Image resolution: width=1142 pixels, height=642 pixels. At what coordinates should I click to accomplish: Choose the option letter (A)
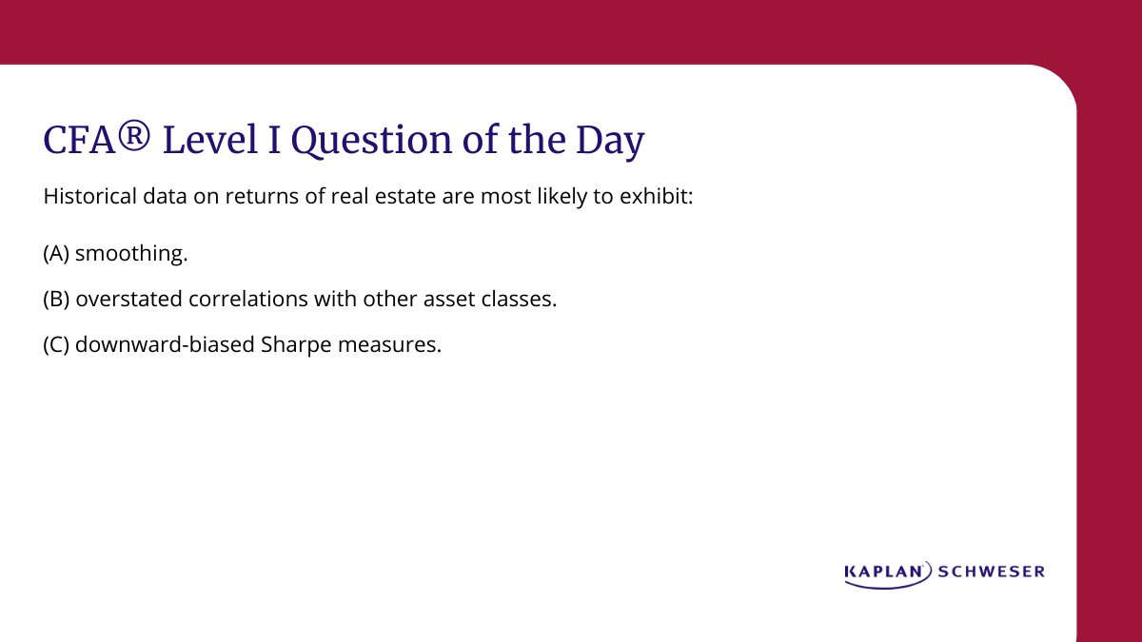pyautogui.click(x=56, y=254)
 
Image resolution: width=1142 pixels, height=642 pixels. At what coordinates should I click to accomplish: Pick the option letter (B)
pyautogui.click(x=56, y=299)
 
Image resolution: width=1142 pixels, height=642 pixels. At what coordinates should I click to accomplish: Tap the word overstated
pyautogui.click(x=123, y=299)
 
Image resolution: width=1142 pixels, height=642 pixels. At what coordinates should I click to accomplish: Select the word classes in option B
pyautogui.click(x=521, y=299)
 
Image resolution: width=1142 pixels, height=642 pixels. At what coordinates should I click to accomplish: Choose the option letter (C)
pyautogui.click(x=56, y=344)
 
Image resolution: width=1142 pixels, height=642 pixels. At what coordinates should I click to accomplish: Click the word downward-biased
pyautogui.click(x=164, y=344)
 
